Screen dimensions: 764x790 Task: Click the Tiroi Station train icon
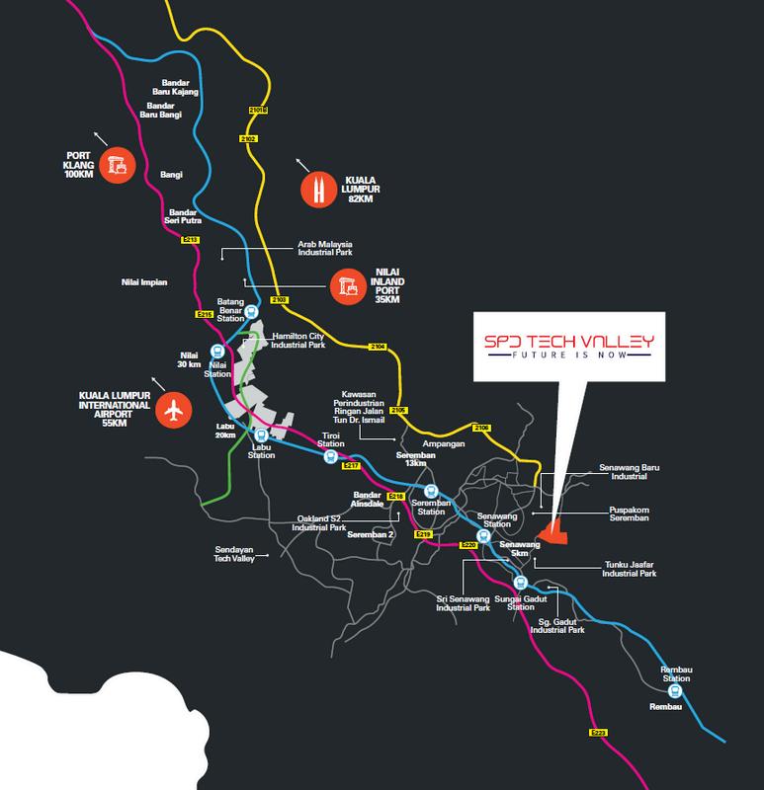coord(330,457)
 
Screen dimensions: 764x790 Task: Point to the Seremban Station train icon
coord(430,492)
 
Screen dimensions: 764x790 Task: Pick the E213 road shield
coord(191,240)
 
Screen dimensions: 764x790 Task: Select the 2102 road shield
coord(247,140)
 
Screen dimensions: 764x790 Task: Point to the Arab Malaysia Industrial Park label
coord(320,249)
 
